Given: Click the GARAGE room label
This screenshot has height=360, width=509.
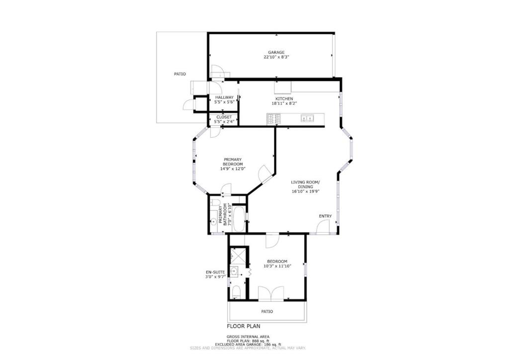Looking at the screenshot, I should point(276,52).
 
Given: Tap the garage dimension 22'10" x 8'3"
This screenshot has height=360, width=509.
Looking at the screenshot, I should point(276,57).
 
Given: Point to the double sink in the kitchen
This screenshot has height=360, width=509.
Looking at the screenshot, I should point(307,118).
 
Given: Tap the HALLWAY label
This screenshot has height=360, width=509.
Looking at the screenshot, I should point(224,97).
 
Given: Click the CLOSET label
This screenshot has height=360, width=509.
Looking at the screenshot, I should point(224,117).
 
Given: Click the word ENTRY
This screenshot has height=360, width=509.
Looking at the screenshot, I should point(325,216).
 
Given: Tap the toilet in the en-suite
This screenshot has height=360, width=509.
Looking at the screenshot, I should point(236,292).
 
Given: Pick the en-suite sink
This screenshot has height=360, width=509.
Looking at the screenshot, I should point(234,271).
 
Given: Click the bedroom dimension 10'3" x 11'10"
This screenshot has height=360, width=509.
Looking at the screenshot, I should point(277,266).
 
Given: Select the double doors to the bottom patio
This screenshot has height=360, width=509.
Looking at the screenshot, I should point(271,294).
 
